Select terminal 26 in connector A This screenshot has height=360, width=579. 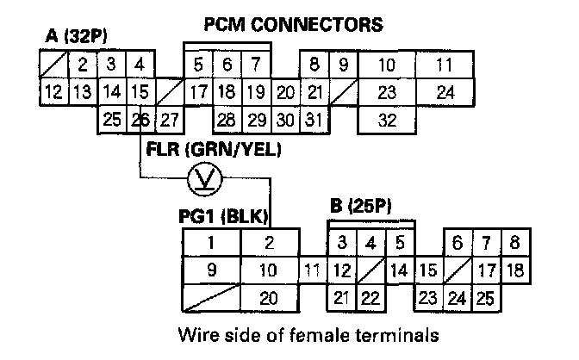tap(140, 119)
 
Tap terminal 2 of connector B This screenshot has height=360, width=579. tap(269, 244)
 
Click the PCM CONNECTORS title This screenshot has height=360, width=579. tap(293, 25)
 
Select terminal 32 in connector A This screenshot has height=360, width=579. tap(387, 120)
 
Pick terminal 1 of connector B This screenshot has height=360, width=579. tap(209, 244)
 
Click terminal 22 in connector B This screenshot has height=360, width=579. tap(370, 298)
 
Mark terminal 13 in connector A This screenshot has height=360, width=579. tap(81, 92)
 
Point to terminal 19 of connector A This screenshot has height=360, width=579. tap(254, 92)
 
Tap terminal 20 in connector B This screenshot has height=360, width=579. tap(269, 298)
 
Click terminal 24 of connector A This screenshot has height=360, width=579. tap(445, 92)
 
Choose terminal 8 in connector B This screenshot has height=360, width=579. tap(514, 244)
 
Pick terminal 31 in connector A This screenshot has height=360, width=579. tap(314, 120)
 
